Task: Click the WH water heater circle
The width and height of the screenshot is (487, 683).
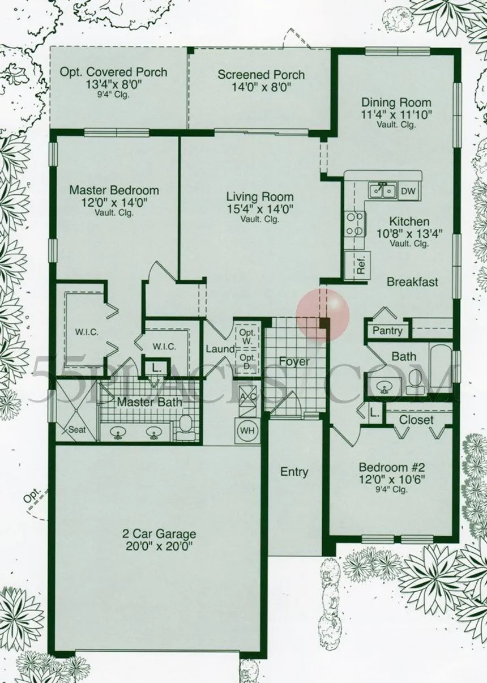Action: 247,430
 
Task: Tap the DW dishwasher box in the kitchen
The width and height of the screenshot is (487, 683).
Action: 408,191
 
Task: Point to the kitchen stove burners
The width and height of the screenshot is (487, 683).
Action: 355,224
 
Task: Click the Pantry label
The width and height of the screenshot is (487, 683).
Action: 387,331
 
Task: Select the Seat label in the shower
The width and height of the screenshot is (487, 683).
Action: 77,430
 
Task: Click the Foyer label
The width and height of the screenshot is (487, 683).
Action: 294,362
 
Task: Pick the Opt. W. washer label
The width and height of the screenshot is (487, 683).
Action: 247,337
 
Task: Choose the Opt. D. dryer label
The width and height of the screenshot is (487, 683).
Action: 247,362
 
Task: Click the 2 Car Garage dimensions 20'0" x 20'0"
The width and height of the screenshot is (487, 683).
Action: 159,547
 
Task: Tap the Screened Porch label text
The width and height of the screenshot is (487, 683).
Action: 261,75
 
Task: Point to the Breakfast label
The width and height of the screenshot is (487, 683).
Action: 412,282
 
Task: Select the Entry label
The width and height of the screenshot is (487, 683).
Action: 294,472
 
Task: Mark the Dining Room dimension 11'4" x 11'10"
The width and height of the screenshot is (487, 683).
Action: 396,115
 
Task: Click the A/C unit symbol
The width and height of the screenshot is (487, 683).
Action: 247,400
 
